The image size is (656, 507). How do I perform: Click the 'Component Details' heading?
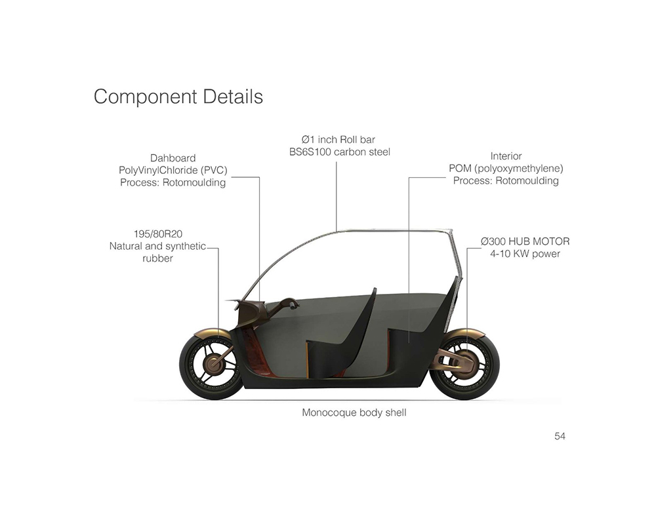[x=178, y=96]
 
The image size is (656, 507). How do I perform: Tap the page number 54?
[x=560, y=436]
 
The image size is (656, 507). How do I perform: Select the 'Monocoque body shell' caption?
[x=354, y=413]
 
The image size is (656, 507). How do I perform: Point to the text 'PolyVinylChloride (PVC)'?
[x=173, y=171]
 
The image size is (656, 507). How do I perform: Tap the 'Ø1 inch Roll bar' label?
[x=338, y=139]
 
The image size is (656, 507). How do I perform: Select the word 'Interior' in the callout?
[x=506, y=156]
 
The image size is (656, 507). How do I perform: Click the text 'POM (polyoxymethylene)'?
[x=506, y=169]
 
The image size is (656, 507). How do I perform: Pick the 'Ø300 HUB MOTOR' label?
[x=525, y=241]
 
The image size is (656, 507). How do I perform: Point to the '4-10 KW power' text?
[x=525, y=254]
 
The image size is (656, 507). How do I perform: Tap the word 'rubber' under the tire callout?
[x=157, y=258]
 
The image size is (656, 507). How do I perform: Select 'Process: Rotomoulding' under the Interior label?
[x=506, y=180]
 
